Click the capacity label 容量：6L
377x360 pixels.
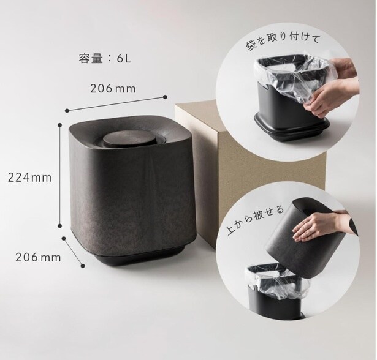(105, 59)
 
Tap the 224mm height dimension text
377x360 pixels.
(30, 178)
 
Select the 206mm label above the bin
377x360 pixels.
(113, 89)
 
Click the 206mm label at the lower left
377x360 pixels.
(38, 258)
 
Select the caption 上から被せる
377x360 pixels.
(256, 220)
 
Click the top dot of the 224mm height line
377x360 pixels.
(60, 125)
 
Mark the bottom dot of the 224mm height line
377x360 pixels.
(60, 226)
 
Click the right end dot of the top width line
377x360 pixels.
(165, 97)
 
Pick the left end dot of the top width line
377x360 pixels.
(67, 110)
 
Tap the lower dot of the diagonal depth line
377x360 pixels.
(83, 266)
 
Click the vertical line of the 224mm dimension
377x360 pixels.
(60, 175)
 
